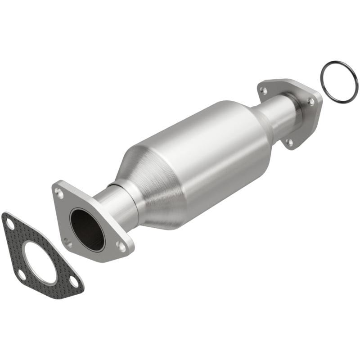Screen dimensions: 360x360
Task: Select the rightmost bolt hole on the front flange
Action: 121,246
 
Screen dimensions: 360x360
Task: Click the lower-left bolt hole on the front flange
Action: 67,243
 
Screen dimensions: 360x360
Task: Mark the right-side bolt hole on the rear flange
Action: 310,102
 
